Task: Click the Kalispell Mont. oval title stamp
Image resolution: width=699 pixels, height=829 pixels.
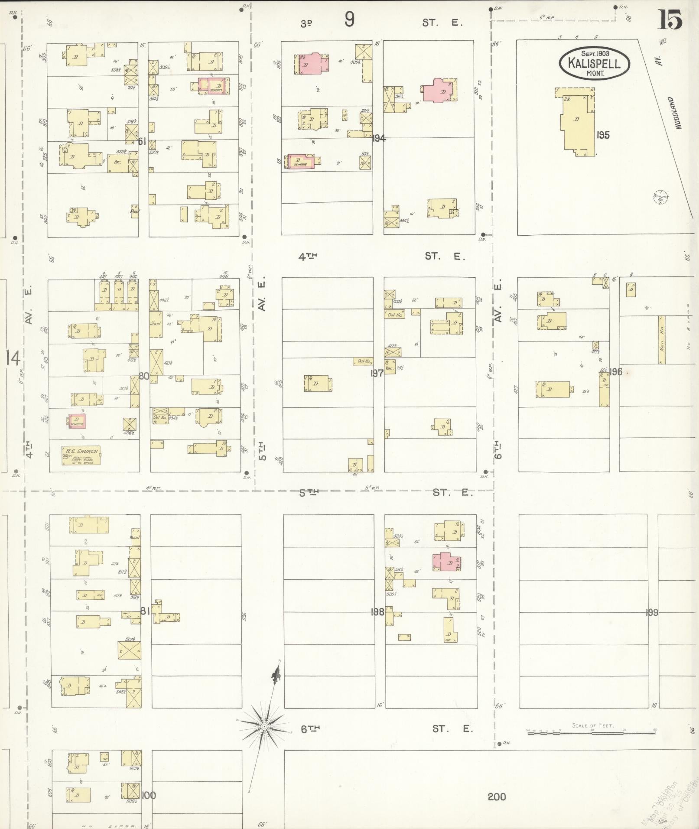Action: click(594, 63)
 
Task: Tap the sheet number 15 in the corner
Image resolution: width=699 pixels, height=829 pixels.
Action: click(670, 20)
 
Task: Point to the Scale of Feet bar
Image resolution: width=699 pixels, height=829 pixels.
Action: click(591, 732)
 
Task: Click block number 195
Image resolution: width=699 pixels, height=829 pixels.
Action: click(603, 135)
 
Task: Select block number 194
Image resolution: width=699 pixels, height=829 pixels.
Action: click(379, 138)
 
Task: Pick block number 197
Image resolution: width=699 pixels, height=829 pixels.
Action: click(377, 373)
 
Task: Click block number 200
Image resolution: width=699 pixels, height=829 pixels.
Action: click(497, 796)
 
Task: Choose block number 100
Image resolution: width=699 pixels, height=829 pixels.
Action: click(148, 796)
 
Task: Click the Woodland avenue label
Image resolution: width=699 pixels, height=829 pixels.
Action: click(673, 113)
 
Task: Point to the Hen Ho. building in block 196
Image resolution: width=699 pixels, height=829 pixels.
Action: click(661, 340)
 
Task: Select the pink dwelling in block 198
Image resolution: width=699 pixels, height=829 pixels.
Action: click(446, 562)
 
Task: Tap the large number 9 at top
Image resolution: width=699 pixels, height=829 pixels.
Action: click(349, 20)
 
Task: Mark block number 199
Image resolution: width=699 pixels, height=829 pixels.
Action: click(652, 612)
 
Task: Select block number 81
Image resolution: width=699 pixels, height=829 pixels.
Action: click(145, 611)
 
